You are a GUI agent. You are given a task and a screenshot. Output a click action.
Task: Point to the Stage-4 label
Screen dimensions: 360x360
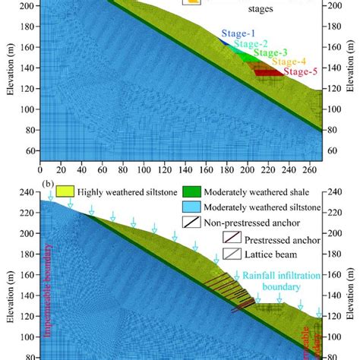click(289, 62)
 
